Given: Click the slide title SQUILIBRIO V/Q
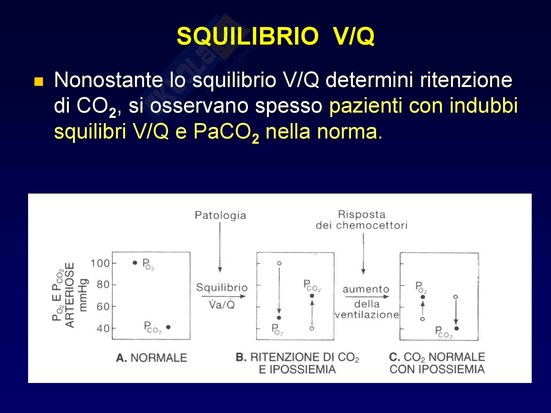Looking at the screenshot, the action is [275, 37].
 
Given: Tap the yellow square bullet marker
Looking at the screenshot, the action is [39, 82].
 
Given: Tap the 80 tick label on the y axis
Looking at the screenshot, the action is [103, 285].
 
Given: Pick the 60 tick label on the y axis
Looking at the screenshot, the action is [103, 306].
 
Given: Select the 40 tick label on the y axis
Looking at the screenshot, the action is [103, 328].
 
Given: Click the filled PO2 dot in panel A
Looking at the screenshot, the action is [135, 263].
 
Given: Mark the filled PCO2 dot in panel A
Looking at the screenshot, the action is [168, 327].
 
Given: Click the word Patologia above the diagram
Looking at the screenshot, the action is [220, 216].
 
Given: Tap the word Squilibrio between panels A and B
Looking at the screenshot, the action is [222, 288].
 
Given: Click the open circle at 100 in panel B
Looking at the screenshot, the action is [279, 263].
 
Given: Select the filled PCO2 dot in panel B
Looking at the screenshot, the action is [312, 296].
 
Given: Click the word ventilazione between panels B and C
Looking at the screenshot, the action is [367, 315].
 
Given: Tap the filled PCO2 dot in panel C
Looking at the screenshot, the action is [457, 328].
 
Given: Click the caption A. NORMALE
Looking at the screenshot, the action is [152, 358].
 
